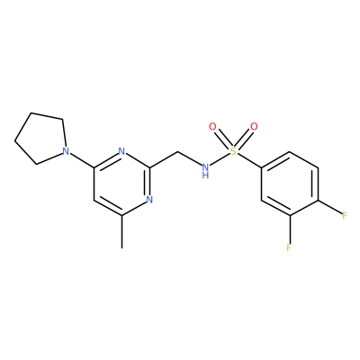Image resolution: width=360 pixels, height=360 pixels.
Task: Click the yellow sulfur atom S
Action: [233, 151]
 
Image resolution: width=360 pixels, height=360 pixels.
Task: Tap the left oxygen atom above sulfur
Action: [212, 127]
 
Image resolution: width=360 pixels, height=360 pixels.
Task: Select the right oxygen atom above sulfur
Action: [254, 127]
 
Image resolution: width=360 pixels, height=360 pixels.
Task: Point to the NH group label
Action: [205, 170]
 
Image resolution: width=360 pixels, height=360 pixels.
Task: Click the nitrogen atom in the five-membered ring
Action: [66, 151]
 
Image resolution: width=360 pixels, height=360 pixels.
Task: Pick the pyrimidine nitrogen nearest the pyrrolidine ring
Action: [121, 151]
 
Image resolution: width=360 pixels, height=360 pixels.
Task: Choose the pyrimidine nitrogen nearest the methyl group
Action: [149, 199]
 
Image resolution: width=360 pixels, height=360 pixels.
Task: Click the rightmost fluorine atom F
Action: [345, 215]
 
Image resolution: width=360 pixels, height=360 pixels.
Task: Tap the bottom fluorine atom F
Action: [289, 247]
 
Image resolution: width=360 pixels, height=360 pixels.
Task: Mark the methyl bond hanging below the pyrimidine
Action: [121, 231]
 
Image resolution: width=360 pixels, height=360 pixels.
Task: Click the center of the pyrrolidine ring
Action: [42, 139]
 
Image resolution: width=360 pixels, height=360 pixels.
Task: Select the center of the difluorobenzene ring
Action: [290, 184]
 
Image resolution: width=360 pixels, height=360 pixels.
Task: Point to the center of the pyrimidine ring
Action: [121, 183]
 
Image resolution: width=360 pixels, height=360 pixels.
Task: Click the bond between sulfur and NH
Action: [220, 159]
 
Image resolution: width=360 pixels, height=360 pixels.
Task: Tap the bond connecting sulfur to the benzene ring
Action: [249, 160]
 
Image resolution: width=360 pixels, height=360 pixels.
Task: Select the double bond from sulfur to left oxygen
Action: [223, 139]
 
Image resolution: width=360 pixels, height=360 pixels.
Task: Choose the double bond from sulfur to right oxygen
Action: [244, 139]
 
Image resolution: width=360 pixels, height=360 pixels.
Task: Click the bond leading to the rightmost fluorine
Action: [329, 207]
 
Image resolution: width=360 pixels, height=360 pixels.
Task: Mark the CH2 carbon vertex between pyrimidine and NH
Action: [177, 151]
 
